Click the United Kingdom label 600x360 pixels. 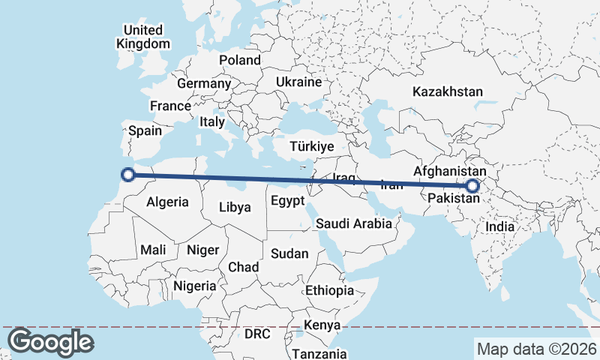pos(143,37)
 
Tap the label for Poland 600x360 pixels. pos(240,60)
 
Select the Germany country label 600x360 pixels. pos(203,83)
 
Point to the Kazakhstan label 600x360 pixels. pos(448,91)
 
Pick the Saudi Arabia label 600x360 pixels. pos(354,223)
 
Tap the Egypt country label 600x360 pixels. pos(287,201)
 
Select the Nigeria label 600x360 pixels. pos(195,286)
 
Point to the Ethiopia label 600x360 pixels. pos(329,290)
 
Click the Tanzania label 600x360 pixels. pos(319,354)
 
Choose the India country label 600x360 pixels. pos(500,226)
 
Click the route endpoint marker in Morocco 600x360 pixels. pos(127,175)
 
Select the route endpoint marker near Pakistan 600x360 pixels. pos(472,186)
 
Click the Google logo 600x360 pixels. pos(50,342)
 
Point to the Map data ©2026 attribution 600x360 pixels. pos(536,349)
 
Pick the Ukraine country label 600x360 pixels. pos(298,82)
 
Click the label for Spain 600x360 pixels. pos(145,130)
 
